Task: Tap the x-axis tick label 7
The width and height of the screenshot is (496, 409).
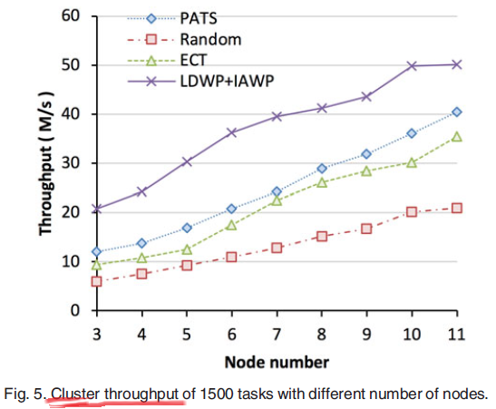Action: coord(277,334)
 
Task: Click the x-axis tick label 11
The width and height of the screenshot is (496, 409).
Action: coord(456,334)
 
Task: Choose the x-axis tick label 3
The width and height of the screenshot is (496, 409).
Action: coord(97,334)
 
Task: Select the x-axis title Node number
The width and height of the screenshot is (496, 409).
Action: coord(276,361)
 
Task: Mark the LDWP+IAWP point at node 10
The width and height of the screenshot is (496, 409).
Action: coord(412,66)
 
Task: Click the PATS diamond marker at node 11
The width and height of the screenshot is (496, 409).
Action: coord(457,112)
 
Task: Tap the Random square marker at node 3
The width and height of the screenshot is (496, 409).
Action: coord(97,281)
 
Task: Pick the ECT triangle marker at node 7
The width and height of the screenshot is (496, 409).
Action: coord(277,200)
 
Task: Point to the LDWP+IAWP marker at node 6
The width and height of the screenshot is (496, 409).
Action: coord(232,132)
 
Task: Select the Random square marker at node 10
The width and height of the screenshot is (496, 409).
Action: coord(412,211)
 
